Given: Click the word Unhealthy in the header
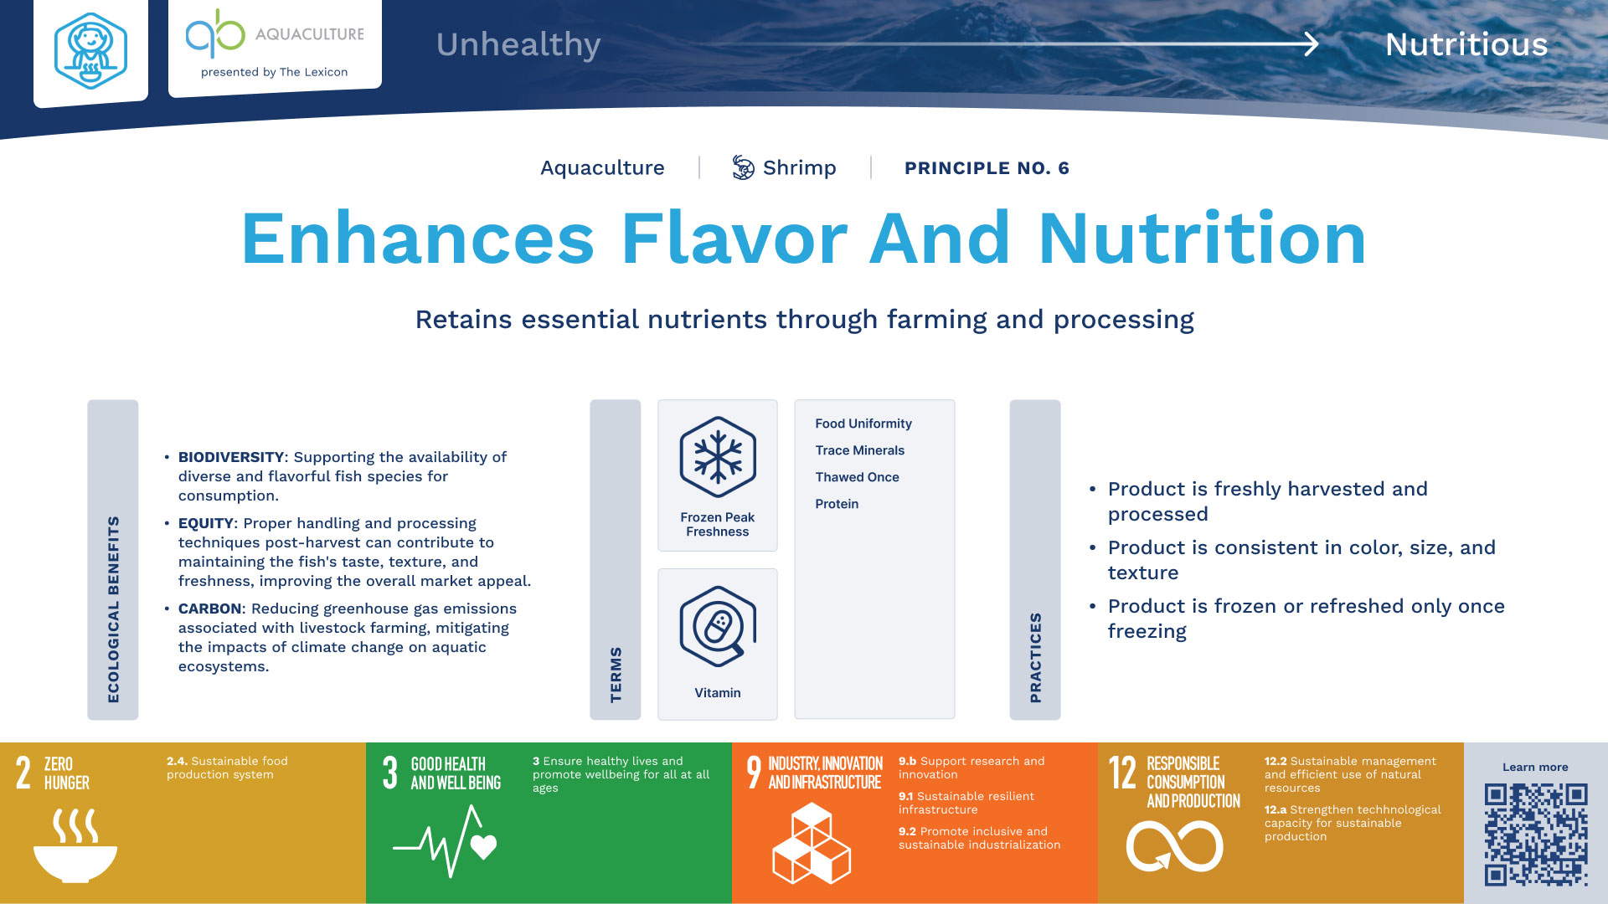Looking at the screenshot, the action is point(518,45).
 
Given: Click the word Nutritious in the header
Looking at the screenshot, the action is point(1466,44).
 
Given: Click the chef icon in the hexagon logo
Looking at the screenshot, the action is point(90,51).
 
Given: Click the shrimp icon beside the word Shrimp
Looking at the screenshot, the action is point(743,167).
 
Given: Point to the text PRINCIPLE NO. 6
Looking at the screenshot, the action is point(987,168).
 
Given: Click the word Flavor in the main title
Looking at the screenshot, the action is point(734,239).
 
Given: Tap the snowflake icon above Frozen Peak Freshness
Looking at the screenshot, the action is point(718,457).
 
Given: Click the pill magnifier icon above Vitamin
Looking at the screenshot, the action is point(718,627).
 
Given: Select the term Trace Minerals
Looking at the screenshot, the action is point(860,450).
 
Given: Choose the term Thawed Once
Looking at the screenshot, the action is point(858,477).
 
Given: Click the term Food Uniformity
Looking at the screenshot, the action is point(863,424).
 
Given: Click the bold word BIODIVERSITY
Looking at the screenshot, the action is point(231,457).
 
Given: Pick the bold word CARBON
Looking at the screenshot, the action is point(209,609).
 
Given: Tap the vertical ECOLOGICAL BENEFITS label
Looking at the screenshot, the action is point(113,609).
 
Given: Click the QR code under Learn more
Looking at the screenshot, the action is point(1536,835).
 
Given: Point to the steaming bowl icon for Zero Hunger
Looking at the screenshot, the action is point(75,845).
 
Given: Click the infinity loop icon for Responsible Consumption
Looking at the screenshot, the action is point(1174,845).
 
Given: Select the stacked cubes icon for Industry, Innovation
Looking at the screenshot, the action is point(812,843).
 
